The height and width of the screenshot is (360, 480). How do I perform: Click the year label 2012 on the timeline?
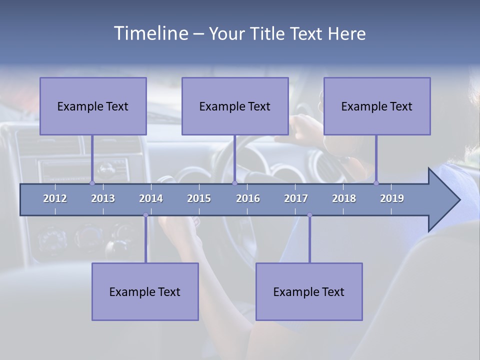coord(55,198)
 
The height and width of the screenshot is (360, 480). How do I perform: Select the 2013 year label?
coord(103,198)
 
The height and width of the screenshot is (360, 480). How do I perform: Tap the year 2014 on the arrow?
coord(151,198)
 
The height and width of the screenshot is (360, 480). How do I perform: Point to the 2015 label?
coord(199,198)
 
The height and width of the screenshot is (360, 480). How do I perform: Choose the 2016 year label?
coord(248,198)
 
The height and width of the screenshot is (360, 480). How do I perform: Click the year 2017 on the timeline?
coord(296,198)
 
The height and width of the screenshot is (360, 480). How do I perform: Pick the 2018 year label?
coord(344,198)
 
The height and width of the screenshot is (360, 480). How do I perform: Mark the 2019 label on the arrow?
coord(392,198)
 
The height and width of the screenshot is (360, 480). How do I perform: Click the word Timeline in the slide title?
coord(150,33)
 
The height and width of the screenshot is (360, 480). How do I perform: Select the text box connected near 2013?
coord(93,106)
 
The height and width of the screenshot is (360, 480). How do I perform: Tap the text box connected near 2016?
coord(235,106)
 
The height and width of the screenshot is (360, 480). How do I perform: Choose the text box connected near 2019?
coord(377,106)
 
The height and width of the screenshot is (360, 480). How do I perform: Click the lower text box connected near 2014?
coord(145,291)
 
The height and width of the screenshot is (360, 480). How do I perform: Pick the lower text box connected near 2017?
coord(309,291)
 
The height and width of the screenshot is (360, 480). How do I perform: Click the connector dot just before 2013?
coord(92,183)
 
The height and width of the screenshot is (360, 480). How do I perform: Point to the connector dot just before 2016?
coord(234,183)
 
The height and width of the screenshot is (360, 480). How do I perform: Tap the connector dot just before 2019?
coord(376,183)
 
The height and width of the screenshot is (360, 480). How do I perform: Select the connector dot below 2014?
coord(145,215)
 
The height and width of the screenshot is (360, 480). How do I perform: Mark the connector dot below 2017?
coord(309,215)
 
